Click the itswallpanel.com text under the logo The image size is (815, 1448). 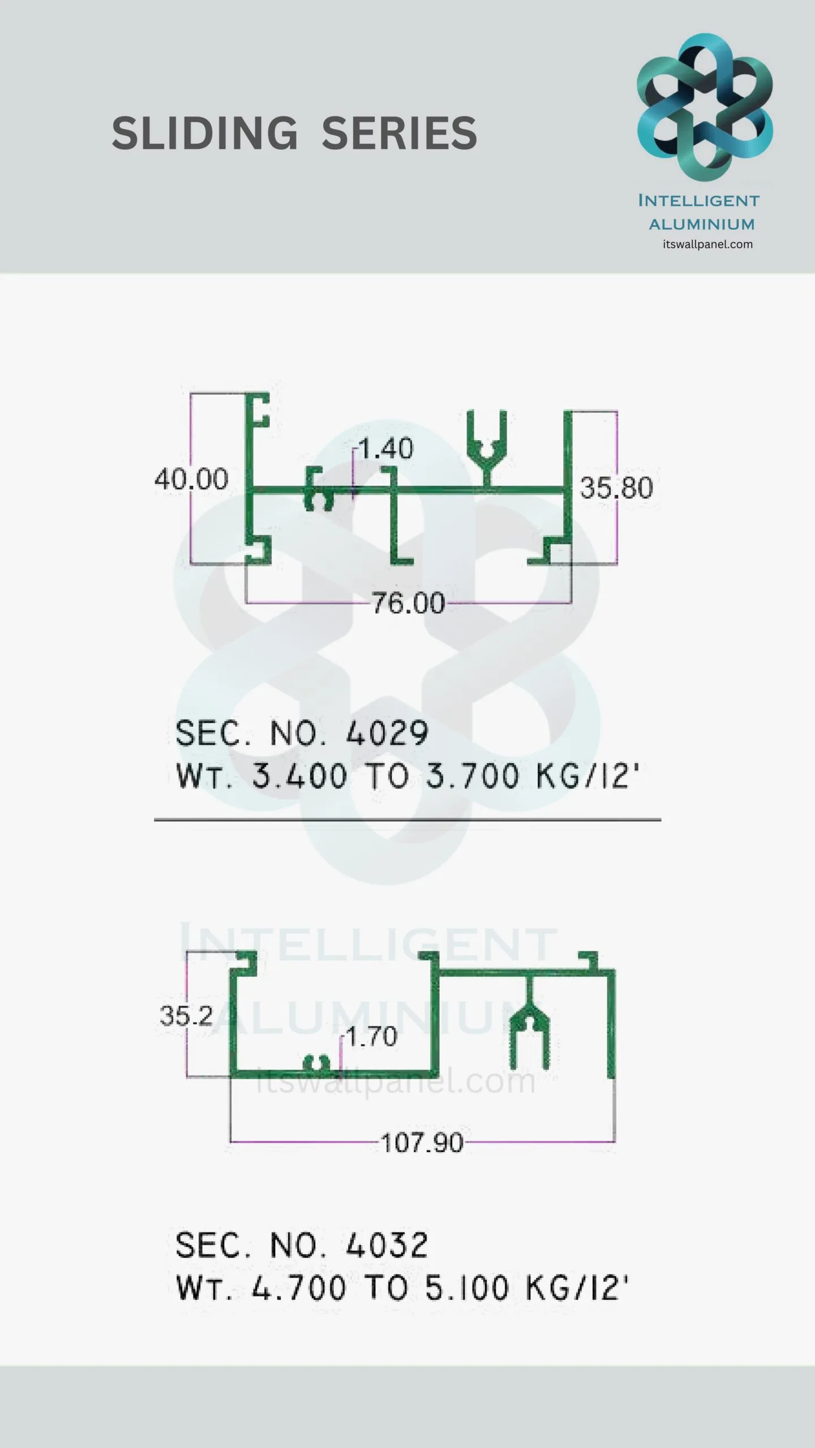click(707, 244)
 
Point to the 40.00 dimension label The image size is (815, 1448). click(191, 479)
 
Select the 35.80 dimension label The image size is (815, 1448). click(616, 488)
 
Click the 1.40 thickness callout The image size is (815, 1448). click(386, 449)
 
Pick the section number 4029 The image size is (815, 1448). click(387, 734)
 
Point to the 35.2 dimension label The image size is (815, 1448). click(186, 1016)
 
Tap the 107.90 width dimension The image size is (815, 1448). click(422, 1143)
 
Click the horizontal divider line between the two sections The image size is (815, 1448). click(407, 819)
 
